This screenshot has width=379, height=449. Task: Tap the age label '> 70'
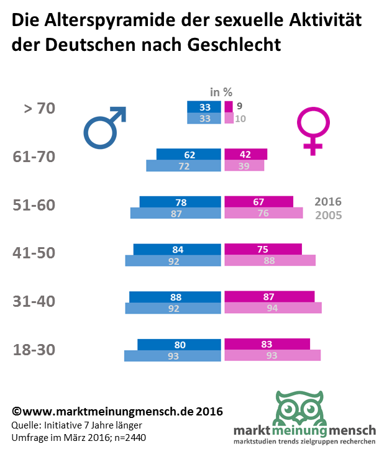click(x=39, y=108)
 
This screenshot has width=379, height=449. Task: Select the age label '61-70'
click(x=34, y=156)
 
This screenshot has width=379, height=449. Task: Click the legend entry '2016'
click(x=328, y=202)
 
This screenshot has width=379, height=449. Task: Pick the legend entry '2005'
click(x=328, y=215)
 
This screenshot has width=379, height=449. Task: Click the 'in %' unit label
click(x=221, y=92)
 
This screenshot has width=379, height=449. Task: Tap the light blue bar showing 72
click(x=183, y=166)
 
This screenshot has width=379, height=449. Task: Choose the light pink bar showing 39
click(x=244, y=166)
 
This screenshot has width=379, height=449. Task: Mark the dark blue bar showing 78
click(x=180, y=202)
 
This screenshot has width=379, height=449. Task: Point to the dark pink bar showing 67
click(x=258, y=202)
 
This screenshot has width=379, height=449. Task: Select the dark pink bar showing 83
click(x=267, y=344)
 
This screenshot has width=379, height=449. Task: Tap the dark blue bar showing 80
click(x=179, y=344)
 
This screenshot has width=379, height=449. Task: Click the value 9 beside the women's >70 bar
click(x=239, y=107)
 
